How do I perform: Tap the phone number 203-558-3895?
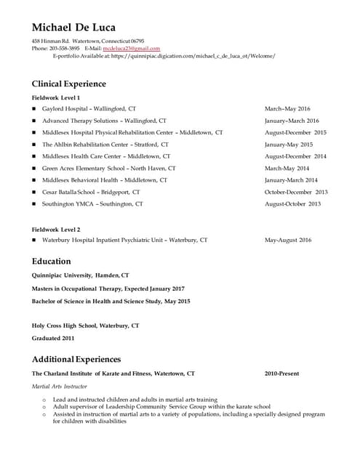[64, 49]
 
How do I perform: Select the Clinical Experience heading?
[69, 84]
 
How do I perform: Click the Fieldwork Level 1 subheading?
[56, 97]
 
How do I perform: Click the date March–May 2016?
[287, 109]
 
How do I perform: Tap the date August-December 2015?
[295, 133]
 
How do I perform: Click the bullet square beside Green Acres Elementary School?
[34, 169]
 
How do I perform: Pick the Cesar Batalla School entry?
[91, 193]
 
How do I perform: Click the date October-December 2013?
[296, 193]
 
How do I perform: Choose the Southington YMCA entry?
[92, 204]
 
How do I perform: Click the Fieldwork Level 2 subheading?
[56, 229]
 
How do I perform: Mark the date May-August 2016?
[288, 240]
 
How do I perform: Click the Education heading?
[52, 261]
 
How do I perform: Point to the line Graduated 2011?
[53, 338]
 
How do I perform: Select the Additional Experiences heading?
[76, 359]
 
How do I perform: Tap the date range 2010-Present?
[282, 373]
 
